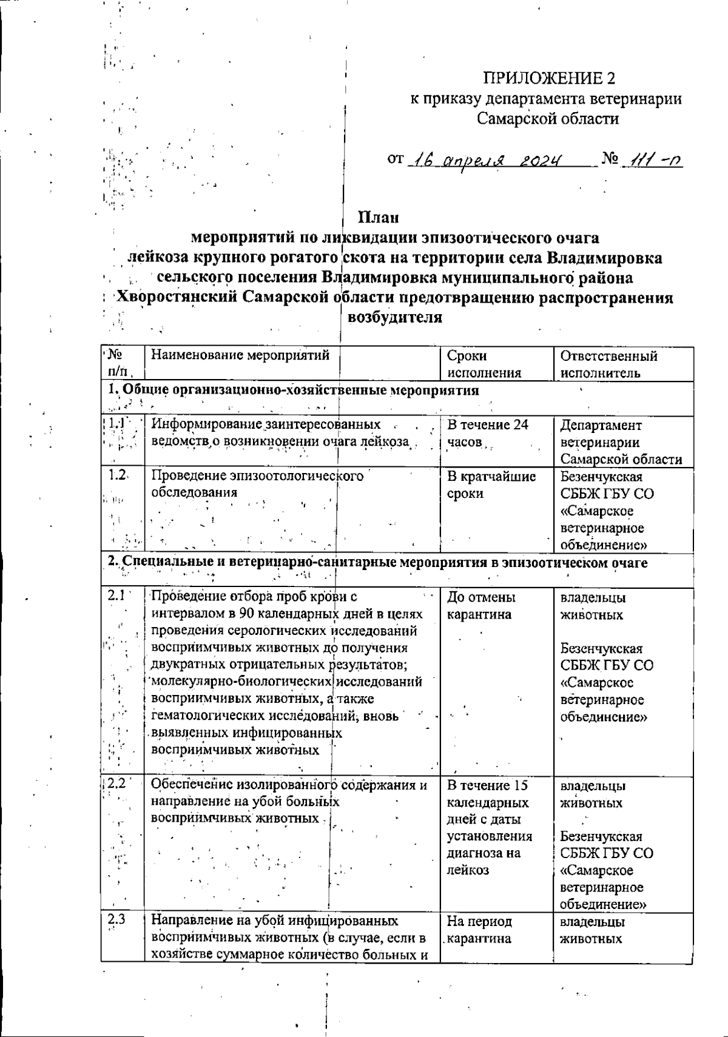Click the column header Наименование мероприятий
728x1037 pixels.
[240, 356]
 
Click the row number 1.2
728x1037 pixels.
[116, 476]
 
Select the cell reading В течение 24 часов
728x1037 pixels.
[487, 433]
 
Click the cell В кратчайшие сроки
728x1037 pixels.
[491, 485]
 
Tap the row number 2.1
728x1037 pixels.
[116, 597]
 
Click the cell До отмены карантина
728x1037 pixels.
[480, 606]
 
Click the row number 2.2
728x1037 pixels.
[115, 785]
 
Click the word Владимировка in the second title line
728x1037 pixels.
[605, 258]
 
